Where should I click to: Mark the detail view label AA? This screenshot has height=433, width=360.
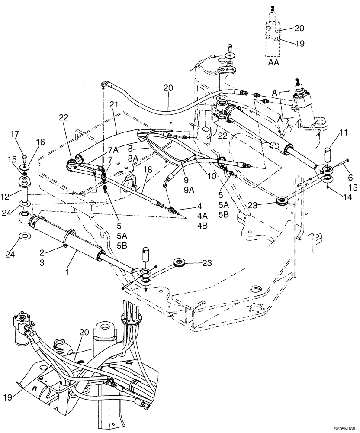273,62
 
